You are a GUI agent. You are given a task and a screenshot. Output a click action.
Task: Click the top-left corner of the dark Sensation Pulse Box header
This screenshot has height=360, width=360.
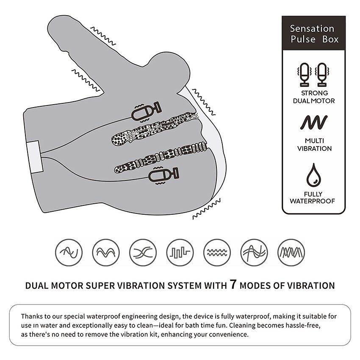(282, 16)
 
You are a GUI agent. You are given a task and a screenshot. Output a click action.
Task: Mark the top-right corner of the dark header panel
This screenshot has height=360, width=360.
(346, 16)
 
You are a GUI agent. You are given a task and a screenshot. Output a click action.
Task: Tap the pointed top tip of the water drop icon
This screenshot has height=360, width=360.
(313, 163)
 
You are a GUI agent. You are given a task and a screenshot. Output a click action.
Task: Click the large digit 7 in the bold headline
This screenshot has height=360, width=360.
(233, 284)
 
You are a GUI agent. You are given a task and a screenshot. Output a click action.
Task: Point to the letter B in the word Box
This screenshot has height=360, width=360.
(325, 39)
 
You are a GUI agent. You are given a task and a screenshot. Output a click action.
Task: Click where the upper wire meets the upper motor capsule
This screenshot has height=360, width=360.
(132, 118)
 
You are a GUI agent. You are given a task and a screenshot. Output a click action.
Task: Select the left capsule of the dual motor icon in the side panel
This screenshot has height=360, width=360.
(305, 75)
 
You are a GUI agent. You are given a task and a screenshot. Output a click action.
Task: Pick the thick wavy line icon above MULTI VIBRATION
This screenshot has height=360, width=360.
(314, 122)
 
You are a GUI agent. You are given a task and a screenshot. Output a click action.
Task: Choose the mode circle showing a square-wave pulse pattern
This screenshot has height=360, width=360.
(180, 252)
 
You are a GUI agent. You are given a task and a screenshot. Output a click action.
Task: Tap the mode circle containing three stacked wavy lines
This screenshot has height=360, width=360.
(217, 252)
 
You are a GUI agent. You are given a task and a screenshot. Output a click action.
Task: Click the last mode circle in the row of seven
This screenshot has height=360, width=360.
(291, 252)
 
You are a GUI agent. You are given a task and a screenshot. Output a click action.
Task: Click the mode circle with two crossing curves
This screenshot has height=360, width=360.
(143, 252)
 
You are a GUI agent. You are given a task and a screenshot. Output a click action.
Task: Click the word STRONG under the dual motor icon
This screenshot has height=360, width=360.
(314, 93)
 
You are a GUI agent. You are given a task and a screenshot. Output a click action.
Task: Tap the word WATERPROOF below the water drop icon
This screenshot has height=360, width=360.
(312, 201)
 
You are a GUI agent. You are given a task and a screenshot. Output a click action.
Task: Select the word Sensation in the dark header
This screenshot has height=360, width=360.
(312, 29)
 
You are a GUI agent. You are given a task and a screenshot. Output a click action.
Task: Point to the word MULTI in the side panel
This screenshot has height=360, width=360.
(314, 141)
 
